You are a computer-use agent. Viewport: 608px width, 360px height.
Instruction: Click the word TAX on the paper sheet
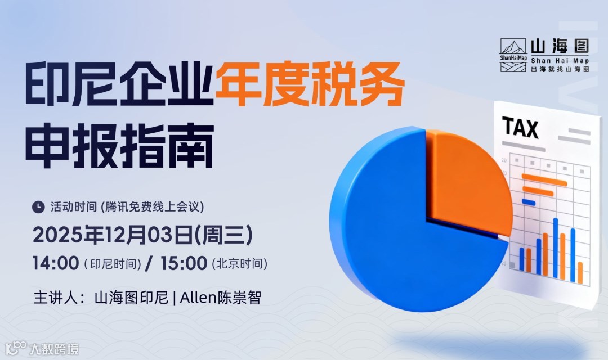(x=520, y=128)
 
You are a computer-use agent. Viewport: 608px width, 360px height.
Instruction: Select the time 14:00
(x=55, y=263)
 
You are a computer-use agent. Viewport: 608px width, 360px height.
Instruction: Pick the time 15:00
(x=184, y=263)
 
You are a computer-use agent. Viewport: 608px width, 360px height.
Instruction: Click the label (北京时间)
(x=239, y=263)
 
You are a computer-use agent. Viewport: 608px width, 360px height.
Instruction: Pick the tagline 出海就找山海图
(x=560, y=69)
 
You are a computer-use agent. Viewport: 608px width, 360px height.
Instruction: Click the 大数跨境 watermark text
(x=53, y=348)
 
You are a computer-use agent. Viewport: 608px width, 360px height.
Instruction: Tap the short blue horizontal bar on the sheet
(x=529, y=201)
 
